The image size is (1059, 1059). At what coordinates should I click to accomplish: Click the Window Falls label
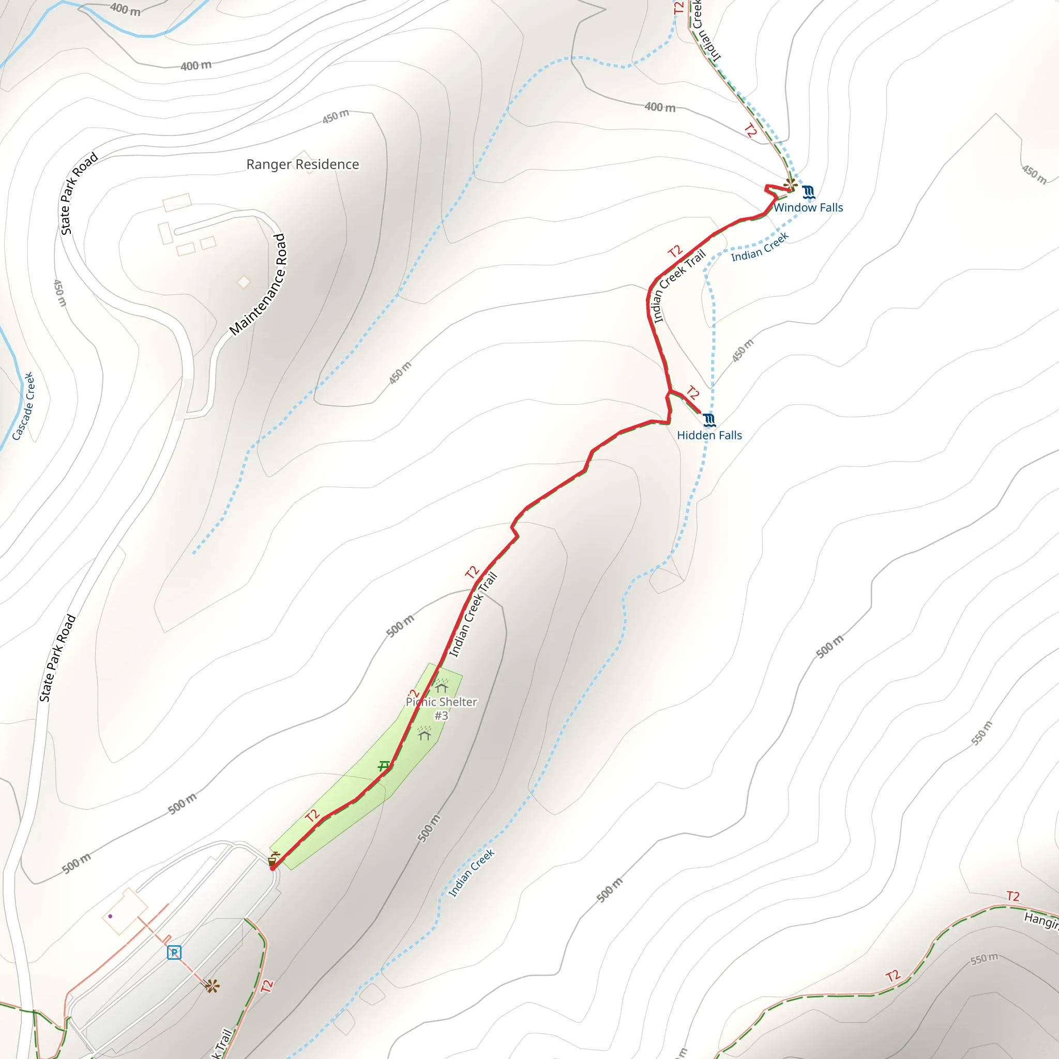point(808,208)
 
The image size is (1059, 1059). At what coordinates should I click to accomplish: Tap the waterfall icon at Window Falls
point(809,192)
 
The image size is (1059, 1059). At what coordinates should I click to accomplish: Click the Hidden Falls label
point(709,435)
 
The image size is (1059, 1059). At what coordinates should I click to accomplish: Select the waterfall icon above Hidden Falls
point(709,420)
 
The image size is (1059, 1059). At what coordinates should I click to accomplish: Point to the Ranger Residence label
point(302,164)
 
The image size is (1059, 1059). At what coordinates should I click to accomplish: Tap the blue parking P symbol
point(174,952)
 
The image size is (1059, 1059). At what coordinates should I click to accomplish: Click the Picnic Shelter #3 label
point(441,708)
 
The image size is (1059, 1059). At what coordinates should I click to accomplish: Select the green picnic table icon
point(384,766)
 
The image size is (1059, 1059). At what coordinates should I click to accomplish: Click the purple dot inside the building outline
point(110,916)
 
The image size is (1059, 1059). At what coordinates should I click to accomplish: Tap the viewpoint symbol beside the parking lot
point(213,987)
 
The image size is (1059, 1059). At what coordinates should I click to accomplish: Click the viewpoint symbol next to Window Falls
point(790,184)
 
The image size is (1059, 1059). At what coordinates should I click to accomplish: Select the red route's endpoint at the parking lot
point(273,868)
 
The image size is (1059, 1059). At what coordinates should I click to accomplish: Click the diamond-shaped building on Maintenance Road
point(244,282)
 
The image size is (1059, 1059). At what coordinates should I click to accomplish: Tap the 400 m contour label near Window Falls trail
point(660,108)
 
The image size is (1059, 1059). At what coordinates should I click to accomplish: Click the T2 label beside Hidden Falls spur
point(693,392)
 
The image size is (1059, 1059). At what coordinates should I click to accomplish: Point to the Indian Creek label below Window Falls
point(760,247)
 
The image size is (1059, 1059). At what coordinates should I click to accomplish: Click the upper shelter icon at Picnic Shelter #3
point(442,686)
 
